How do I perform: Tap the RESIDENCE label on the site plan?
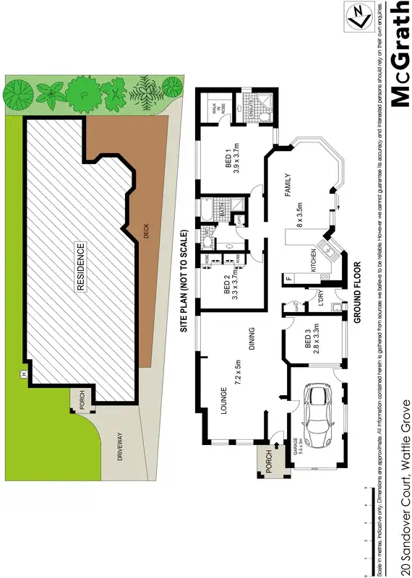click(81, 266)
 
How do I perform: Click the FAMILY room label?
click(287, 184)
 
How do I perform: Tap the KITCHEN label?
click(314, 259)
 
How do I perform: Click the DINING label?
click(252, 337)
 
